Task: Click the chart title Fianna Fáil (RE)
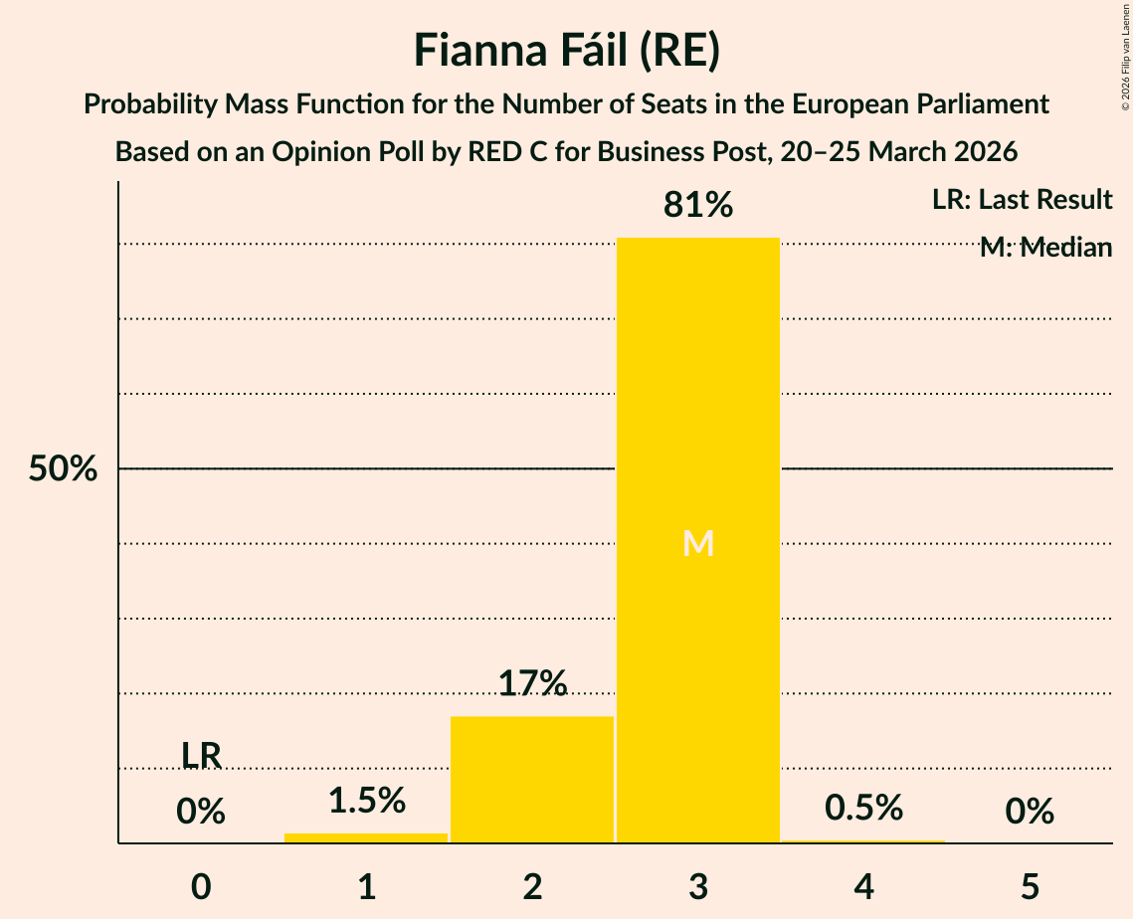point(566,50)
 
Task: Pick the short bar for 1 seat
point(366,837)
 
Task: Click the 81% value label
point(698,205)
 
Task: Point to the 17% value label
point(532,683)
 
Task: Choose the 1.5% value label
point(366,800)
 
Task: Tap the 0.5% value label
point(863,808)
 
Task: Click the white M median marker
point(698,543)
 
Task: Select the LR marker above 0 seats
point(201,755)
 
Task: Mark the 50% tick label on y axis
point(63,468)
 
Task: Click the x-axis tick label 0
point(201,886)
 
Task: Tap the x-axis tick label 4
point(863,886)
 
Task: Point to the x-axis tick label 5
point(1030,886)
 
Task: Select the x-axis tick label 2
point(532,886)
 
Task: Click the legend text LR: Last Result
point(1022,200)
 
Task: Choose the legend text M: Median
point(1045,248)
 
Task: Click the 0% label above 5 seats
point(1030,812)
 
